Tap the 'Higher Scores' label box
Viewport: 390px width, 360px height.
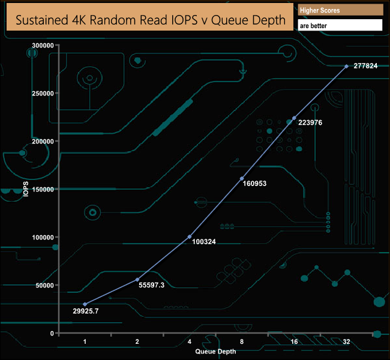(340, 10)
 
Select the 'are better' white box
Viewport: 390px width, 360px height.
(340, 26)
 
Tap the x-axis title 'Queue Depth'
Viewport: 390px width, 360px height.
(215, 351)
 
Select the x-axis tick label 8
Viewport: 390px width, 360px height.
(242, 342)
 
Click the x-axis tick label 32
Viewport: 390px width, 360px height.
(346, 342)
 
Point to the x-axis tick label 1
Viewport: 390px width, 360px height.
(85, 342)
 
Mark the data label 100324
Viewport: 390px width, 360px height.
(204, 242)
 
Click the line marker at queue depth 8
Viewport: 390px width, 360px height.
(242, 179)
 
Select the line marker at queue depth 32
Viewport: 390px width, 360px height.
(346, 66)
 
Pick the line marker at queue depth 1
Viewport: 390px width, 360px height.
(85, 304)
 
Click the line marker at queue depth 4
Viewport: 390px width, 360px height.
(190, 236)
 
